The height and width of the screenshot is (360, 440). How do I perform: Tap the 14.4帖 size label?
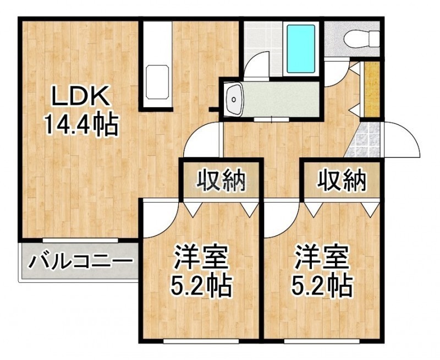[80, 124]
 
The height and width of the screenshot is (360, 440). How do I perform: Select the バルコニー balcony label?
[80, 261]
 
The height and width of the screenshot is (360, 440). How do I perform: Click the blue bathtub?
[300, 48]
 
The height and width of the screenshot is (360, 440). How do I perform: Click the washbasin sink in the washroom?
[234, 99]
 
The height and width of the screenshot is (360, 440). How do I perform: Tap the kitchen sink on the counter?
[157, 82]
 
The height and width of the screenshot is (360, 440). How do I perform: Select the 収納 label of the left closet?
[221, 181]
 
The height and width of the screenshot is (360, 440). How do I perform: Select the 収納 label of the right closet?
[342, 180]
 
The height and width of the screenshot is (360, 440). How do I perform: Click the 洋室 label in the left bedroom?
[200, 257]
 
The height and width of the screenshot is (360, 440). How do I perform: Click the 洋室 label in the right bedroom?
[322, 257]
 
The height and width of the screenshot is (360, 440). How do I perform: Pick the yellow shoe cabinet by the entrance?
[370, 89]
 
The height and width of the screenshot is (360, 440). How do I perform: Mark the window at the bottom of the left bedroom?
[201, 341]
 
